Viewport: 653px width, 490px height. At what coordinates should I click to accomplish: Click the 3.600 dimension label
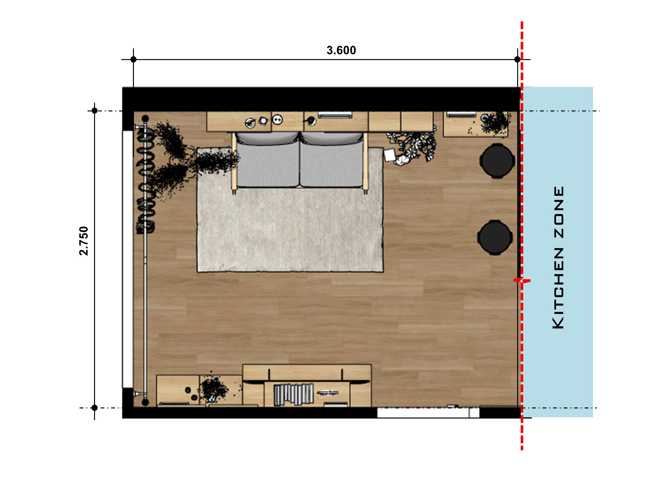click(341, 50)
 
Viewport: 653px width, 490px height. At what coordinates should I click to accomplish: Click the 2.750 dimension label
click(84, 241)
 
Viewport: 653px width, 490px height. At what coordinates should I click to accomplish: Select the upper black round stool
click(497, 161)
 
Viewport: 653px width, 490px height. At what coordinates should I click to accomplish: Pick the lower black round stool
click(495, 237)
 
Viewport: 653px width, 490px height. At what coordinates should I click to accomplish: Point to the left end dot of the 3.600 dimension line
click(133, 59)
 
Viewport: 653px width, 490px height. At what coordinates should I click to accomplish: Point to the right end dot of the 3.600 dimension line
click(517, 59)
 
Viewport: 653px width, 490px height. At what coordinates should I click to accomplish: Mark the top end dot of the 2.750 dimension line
click(94, 111)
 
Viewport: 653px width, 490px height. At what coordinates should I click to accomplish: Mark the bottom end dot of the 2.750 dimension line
click(94, 408)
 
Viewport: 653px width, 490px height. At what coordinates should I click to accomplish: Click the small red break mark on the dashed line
click(522, 280)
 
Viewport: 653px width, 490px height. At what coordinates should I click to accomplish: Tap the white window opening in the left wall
click(128, 259)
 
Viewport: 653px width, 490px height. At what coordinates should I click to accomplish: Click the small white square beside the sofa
click(390, 155)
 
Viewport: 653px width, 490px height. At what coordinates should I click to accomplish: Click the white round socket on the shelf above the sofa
click(277, 120)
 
